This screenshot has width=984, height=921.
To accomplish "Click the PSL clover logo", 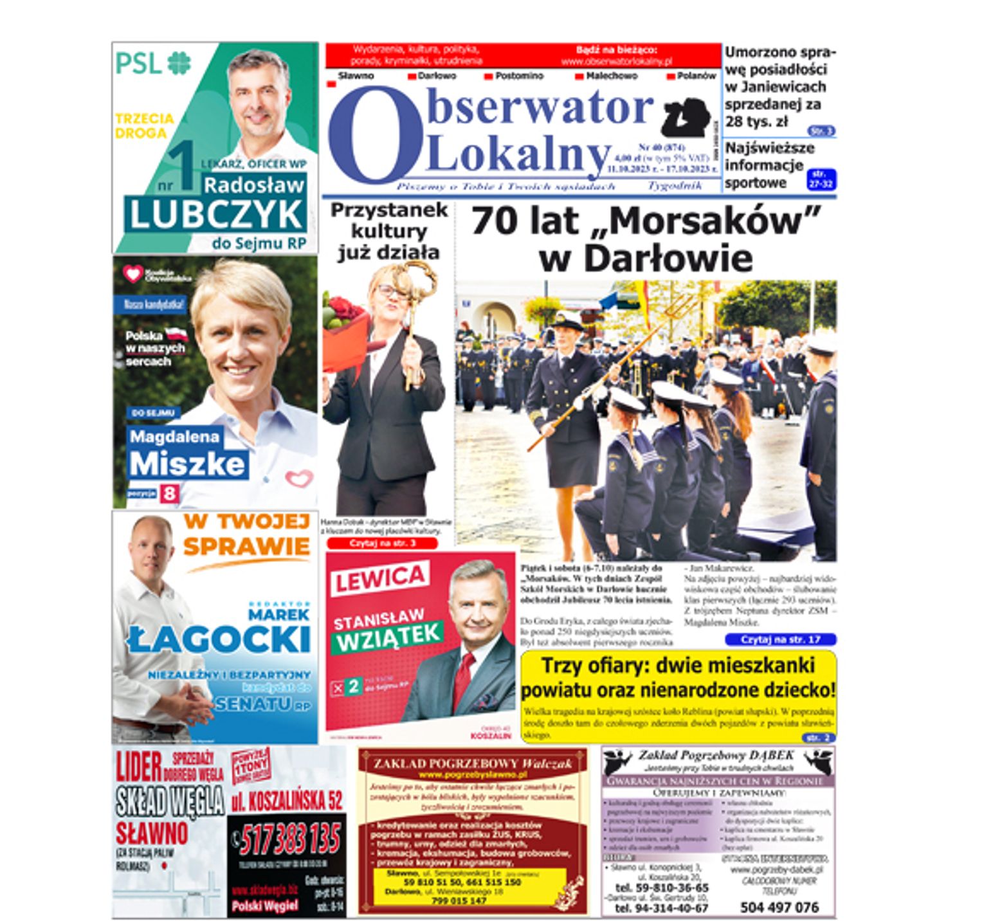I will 179,63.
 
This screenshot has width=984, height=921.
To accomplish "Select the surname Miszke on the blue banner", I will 187,464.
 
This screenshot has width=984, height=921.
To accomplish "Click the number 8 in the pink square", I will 169,494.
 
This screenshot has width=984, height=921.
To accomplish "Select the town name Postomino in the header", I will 519,76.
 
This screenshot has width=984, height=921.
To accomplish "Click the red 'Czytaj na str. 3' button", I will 382,543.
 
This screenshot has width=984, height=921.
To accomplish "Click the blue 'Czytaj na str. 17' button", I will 780,639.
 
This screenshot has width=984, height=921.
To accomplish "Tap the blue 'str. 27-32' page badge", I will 821,179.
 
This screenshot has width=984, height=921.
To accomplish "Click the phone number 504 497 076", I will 779,907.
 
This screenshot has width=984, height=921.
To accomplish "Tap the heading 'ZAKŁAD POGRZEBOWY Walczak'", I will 472,763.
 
